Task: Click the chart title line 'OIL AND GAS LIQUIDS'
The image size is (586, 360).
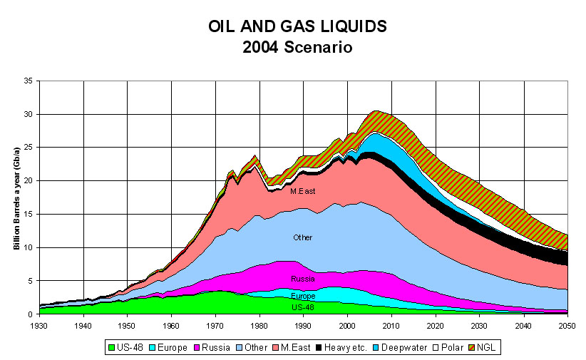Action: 297,27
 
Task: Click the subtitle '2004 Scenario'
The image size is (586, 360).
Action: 297,48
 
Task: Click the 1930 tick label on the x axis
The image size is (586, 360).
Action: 40,325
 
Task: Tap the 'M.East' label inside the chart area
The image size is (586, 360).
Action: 302,191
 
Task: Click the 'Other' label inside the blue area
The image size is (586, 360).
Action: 303,237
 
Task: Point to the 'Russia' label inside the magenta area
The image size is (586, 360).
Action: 302,279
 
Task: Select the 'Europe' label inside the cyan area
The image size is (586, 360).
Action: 302,295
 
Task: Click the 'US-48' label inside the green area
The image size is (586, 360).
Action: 302,307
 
